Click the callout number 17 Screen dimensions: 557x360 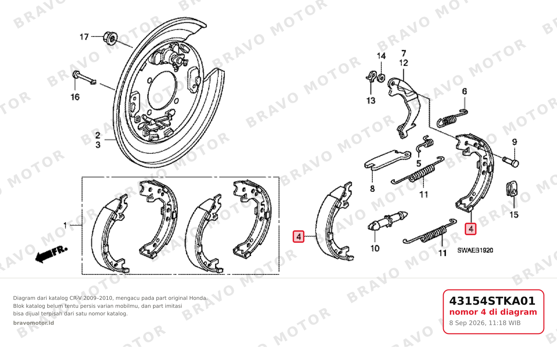tap(84, 37)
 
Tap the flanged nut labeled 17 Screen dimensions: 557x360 tap(110, 38)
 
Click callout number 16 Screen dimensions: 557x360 tap(75, 97)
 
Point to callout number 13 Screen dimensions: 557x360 tap(370, 101)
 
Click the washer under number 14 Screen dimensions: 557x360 tap(381, 77)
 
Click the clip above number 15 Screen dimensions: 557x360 tap(512, 188)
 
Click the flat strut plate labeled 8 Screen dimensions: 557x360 tap(387, 160)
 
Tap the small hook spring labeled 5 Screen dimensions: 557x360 tap(425, 144)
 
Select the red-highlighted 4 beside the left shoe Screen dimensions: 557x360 tap(299, 237)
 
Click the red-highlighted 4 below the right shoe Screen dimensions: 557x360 tap(471, 229)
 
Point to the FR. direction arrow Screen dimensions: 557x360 tap(51, 254)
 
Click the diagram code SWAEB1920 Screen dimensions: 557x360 tap(475, 250)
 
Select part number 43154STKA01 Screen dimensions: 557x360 tap(492, 301)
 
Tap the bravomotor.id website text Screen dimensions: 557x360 tap(34, 323)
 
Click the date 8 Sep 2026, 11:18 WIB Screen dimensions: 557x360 tap(485, 323)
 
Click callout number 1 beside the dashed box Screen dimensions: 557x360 tap(65, 225)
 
